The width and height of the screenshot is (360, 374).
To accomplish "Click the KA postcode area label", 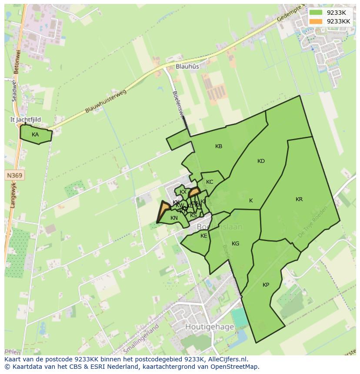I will click(x=35, y=135).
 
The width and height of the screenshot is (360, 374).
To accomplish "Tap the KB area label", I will click(x=219, y=146).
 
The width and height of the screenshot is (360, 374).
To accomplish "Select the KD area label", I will click(x=261, y=161).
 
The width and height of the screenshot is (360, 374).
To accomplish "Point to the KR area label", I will click(x=299, y=199).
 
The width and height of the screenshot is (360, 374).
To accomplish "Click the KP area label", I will click(x=266, y=285).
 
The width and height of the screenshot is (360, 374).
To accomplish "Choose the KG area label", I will click(x=235, y=244).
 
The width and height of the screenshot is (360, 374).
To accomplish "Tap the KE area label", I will click(x=204, y=236).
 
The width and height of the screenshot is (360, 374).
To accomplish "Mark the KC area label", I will click(x=210, y=182).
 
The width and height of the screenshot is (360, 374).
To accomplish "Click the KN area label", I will click(x=174, y=218).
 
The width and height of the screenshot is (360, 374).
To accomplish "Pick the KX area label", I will click(x=183, y=192).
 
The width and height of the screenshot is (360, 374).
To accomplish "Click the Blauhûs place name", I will click(x=187, y=66).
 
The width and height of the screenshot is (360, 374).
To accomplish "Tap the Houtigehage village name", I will click(x=210, y=327).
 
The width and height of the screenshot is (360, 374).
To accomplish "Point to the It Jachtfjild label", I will click(x=26, y=119).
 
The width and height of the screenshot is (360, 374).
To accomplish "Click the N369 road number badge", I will click(x=15, y=175).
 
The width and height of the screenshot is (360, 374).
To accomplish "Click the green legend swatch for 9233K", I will click(x=316, y=13).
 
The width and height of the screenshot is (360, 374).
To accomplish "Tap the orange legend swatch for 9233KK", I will click(x=316, y=21).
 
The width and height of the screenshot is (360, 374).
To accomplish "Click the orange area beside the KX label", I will click(x=194, y=192).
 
